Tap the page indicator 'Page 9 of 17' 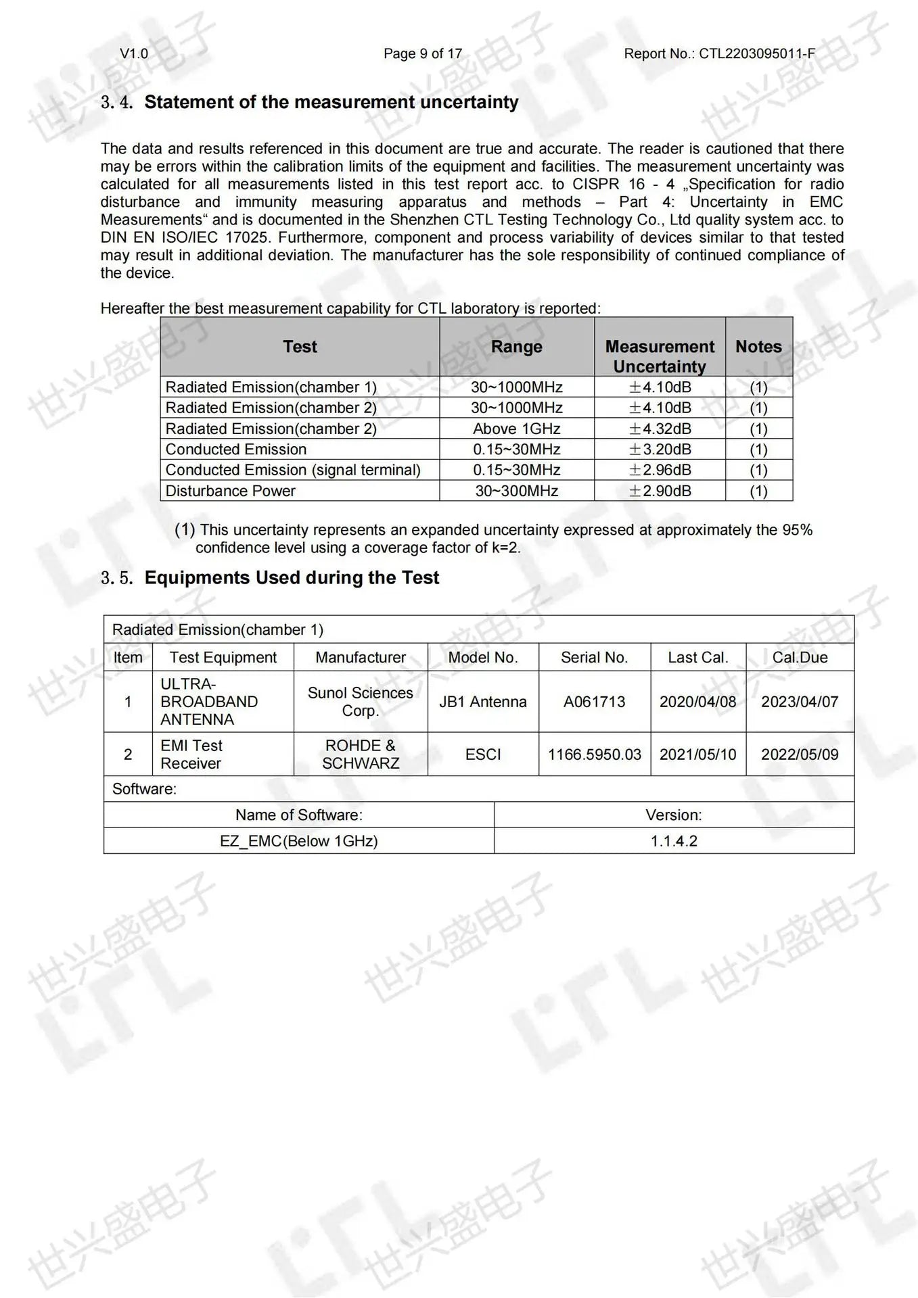(423, 54)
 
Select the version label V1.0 (134, 54)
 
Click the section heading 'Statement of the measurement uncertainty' (331, 102)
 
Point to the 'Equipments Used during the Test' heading (292, 578)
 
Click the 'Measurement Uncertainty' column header (660, 356)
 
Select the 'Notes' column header (758, 347)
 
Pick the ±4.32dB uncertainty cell (660, 429)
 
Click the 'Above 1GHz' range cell (516, 429)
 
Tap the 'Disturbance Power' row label (231, 491)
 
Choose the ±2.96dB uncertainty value (660, 470)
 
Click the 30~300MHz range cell (516, 491)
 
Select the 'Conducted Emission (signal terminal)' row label (293, 470)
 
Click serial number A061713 (594, 702)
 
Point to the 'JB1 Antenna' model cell (483, 702)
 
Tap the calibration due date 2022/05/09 (800, 754)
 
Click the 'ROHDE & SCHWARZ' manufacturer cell (361, 754)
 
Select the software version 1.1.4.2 (674, 841)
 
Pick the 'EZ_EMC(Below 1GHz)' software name (298, 841)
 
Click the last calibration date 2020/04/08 (697, 702)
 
